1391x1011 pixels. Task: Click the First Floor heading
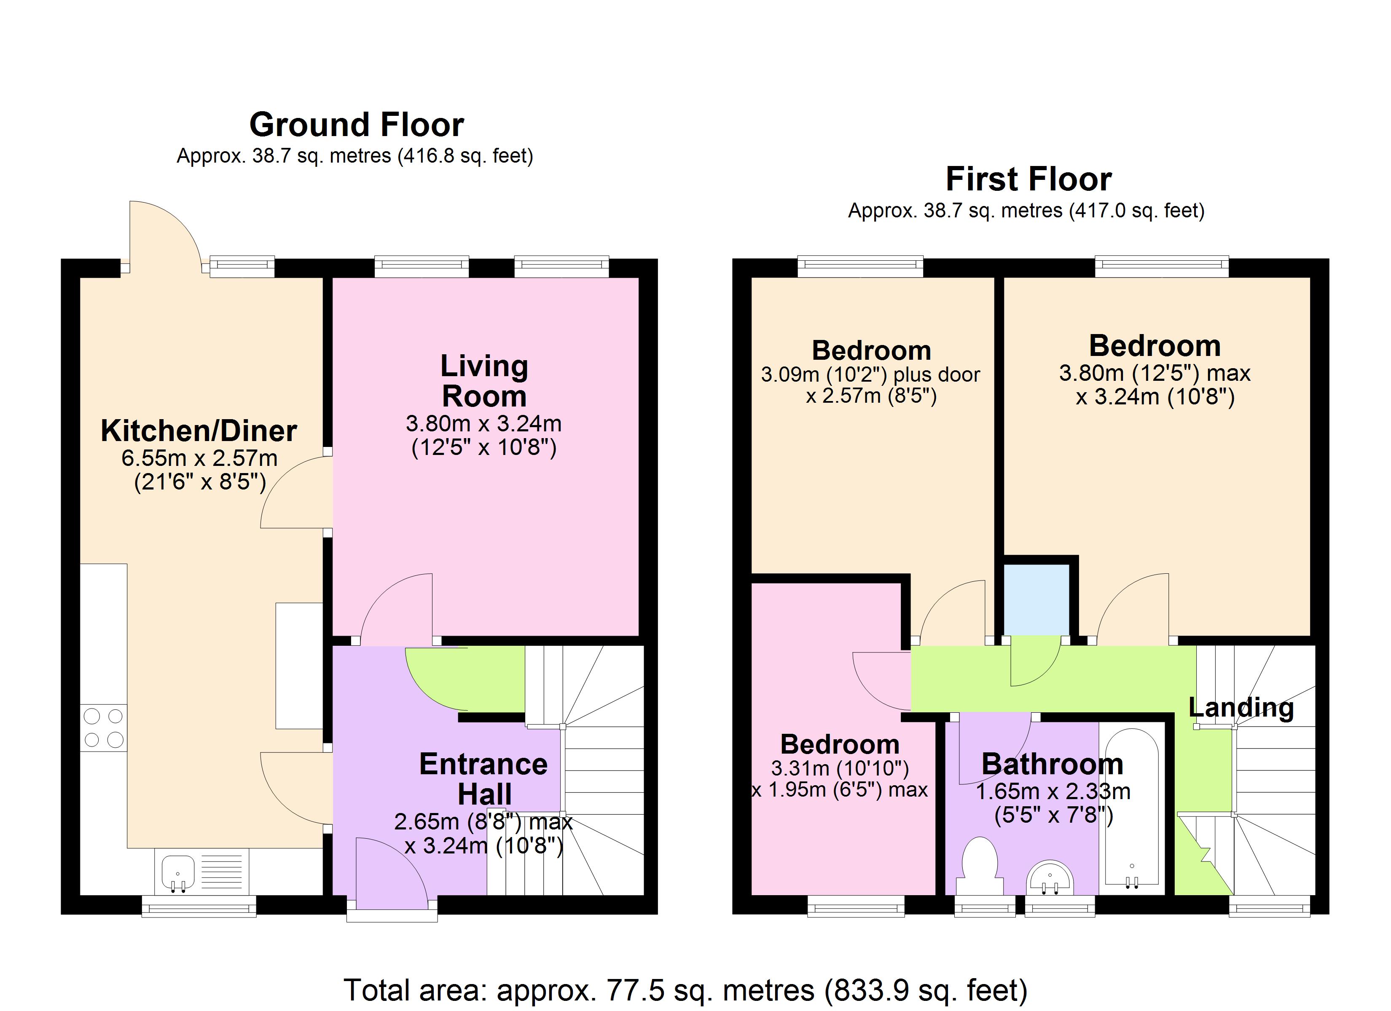point(1028,179)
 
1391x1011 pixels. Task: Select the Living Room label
point(484,381)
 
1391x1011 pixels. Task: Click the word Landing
point(1241,708)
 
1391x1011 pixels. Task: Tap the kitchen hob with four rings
point(103,728)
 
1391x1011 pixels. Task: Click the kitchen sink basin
point(178,871)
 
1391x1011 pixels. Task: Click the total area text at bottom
point(685,990)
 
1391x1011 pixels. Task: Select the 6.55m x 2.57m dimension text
point(199,458)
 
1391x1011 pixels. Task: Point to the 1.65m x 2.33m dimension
point(1053,792)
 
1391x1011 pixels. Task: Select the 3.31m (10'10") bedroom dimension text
point(840,768)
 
